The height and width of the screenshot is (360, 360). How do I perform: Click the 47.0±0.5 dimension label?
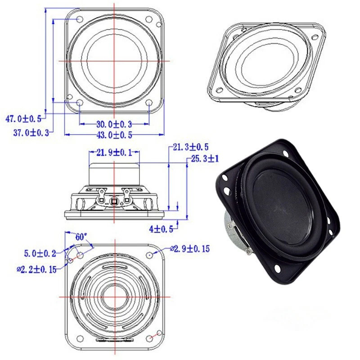click(23, 119)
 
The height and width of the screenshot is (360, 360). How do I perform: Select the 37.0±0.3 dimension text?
click(31, 133)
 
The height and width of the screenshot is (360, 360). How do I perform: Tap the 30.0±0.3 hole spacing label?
click(114, 124)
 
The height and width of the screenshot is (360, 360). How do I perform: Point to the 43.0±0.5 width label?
click(114, 135)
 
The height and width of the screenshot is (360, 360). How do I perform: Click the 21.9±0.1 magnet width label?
click(114, 153)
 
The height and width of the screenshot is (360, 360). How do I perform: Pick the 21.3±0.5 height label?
click(190, 147)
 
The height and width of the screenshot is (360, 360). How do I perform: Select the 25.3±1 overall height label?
click(205, 159)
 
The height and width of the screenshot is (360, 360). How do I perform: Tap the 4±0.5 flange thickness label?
click(161, 229)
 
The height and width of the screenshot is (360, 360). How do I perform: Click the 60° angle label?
click(81, 237)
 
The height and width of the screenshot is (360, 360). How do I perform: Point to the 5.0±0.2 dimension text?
click(40, 253)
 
